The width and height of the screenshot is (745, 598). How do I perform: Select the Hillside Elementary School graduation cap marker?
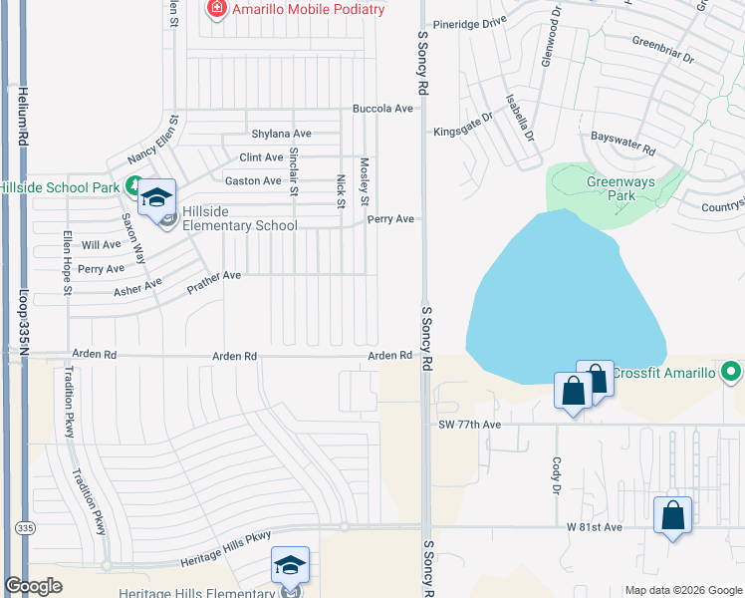tap(156, 197)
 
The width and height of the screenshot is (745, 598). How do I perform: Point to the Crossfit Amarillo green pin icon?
tap(732, 373)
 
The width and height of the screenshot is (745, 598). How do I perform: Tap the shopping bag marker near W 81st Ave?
tap(673, 516)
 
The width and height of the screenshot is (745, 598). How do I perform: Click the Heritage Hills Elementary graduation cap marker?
tap(291, 566)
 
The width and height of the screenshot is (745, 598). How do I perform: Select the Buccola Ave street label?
tap(382, 109)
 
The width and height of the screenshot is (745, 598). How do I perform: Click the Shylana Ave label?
tap(282, 134)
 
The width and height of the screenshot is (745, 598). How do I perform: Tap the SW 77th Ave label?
tap(469, 425)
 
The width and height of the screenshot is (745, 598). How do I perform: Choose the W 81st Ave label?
tap(595, 526)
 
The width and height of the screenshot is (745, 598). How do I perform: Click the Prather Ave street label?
tap(214, 282)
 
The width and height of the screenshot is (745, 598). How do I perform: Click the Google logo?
tap(34, 586)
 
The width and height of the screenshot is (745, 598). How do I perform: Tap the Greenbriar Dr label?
tap(662, 50)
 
